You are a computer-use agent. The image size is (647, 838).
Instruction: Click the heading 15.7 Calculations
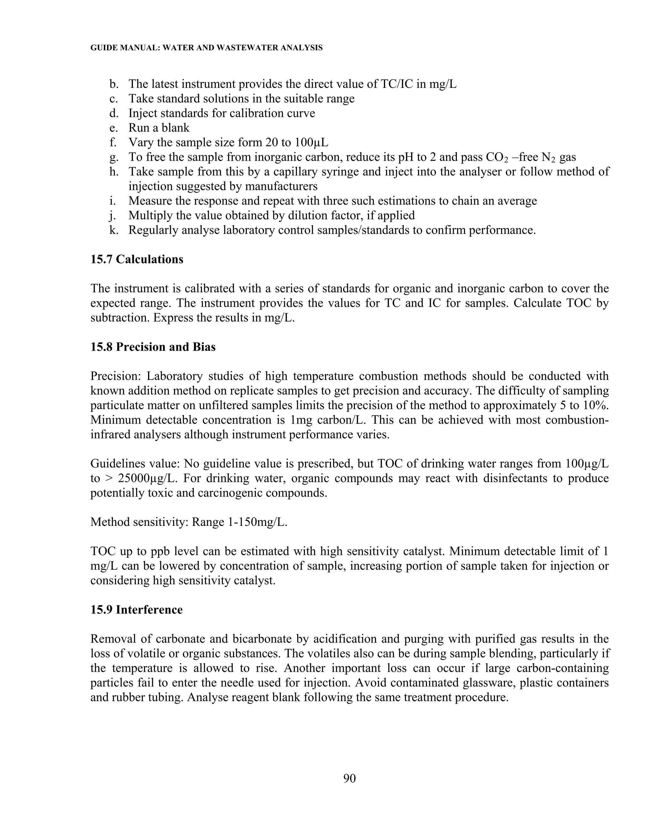(x=137, y=259)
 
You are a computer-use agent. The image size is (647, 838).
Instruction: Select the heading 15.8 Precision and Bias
(x=153, y=347)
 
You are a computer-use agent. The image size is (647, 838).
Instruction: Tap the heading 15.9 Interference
(x=136, y=610)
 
